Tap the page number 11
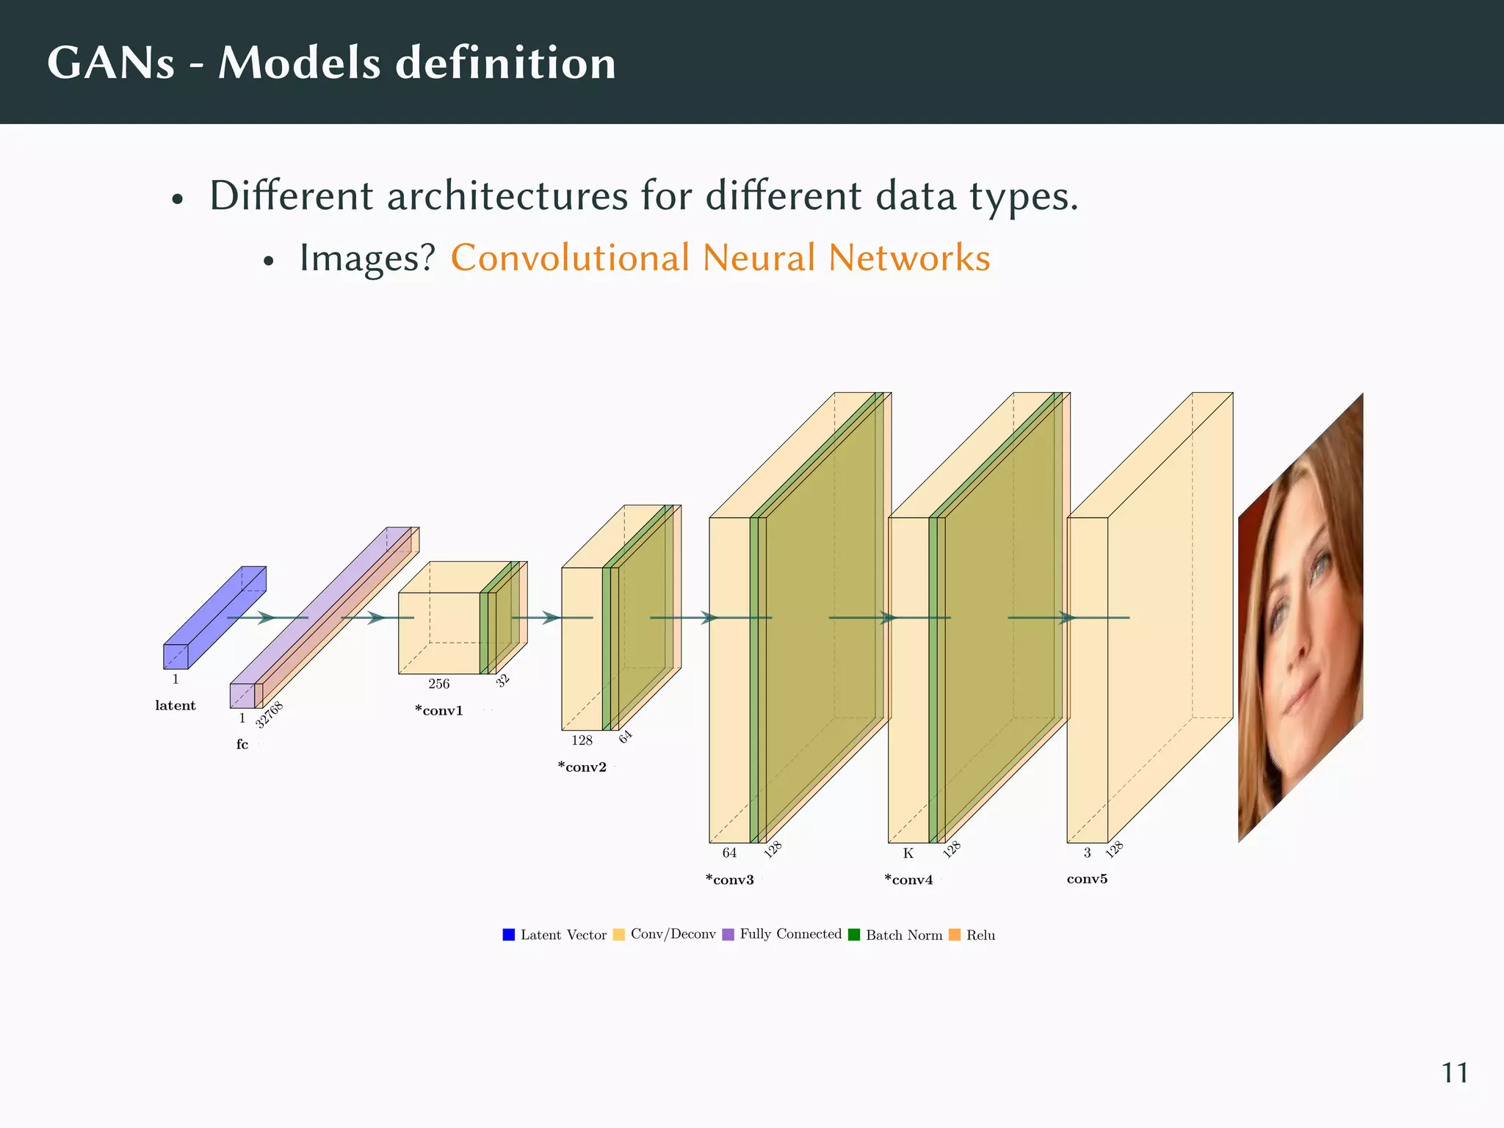(1454, 1073)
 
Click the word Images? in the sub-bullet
(367, 258)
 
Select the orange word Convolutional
(570, 258)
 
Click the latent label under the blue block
(176, 706)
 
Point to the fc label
(242, 745)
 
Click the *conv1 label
(439, 711)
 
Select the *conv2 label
(582, 767)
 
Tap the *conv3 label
(730, 880)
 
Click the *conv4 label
(909, 880)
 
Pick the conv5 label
(1087, 879)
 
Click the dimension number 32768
(270, 715)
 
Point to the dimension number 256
(439, 684)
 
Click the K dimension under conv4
(908, 853)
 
